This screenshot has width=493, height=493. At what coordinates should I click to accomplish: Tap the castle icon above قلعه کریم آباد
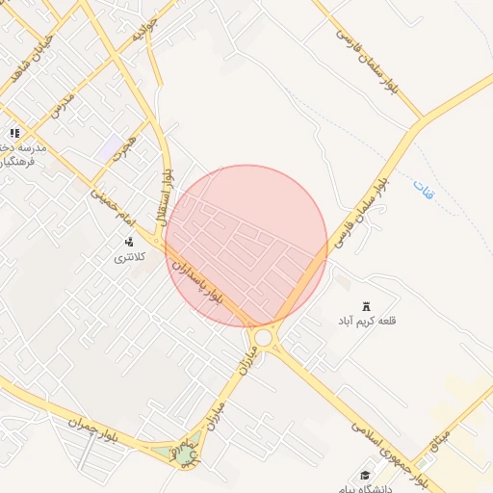click(366, 306)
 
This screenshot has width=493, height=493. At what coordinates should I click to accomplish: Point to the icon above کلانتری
click(127, 242)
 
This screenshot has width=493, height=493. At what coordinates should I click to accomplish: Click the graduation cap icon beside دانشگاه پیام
click(365, 475)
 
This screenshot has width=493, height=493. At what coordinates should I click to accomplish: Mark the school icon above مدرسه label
click(13, 134)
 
